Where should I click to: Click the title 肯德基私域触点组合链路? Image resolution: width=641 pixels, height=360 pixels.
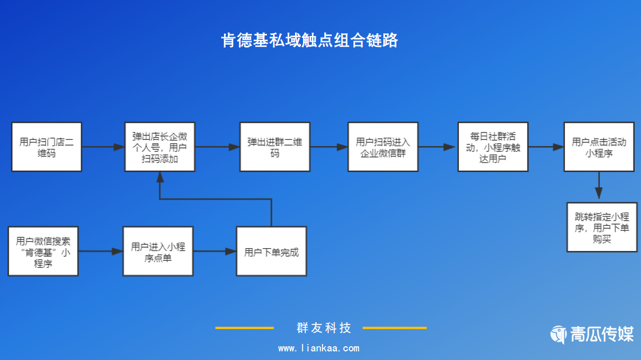click(309, 41)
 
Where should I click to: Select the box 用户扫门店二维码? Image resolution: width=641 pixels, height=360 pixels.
click(46, 147)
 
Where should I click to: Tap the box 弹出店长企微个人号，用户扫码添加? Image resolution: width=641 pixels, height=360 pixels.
click(160, 147)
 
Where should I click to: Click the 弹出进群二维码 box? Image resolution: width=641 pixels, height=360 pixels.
click(275, 147)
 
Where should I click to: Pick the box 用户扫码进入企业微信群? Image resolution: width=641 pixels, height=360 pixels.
click(383, 147)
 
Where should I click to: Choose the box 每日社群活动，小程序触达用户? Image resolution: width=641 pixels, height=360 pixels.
click(493, 147)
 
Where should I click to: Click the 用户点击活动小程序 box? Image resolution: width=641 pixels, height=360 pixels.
click(599, 147)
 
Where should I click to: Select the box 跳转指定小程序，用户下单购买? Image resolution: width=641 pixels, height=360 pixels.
click(602, 227)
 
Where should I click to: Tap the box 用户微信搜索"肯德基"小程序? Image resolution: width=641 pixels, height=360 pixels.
click(43, 251)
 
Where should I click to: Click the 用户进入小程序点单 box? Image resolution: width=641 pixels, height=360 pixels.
click(158, 251)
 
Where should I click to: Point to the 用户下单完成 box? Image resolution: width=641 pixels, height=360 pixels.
click(272, 251)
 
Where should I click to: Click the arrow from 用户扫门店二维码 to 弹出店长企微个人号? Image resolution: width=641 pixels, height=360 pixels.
click(103, 147)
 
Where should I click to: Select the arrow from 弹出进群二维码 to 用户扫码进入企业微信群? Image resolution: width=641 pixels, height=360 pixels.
click(329, 147)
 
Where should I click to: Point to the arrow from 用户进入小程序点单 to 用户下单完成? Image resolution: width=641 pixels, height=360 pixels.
click(214, 251)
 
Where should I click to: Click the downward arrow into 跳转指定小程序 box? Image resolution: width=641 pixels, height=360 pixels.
click(599, 186)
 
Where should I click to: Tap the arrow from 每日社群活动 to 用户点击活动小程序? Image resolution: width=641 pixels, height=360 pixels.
click(546, 147)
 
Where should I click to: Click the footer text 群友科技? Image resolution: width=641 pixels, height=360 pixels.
click(324, 328)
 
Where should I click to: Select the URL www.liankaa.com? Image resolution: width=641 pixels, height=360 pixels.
click(318, 348)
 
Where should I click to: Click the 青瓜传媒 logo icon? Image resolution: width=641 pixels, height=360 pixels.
click(559, 334)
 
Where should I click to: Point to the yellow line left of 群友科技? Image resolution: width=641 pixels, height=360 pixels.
click(245, 328)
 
